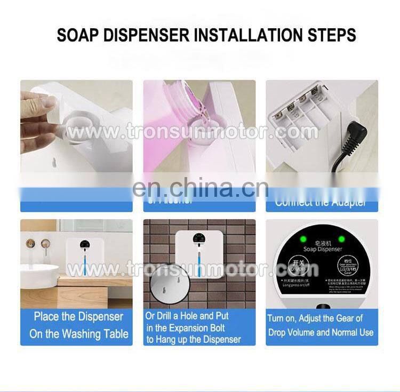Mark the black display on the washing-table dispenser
pyautogui.click(x=84, y=245)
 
